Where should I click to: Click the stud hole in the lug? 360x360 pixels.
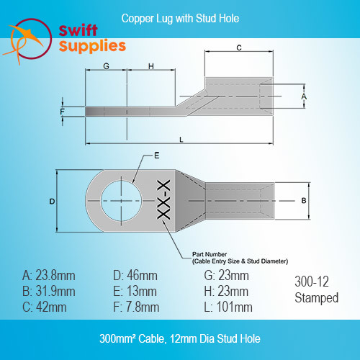tap(122, 201)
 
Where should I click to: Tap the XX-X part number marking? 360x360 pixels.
tap(163, 199)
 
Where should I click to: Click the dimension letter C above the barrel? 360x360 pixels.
tap(239, 48)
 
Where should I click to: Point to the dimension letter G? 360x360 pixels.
tap(106, 66)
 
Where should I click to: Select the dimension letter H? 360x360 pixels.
tap(151, 66)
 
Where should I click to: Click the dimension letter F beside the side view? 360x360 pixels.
tap(63, 112)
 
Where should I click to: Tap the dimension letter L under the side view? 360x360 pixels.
tap(181, 140)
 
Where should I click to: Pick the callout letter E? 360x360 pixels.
tap(157, 156)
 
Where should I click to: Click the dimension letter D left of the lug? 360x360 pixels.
tap(52, 202)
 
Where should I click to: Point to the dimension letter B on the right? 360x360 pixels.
tap(304, 200)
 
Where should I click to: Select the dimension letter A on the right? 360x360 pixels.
tap(304, 96)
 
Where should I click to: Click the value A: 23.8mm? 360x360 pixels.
tap(49, 276)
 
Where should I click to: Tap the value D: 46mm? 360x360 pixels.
tap(135, 276)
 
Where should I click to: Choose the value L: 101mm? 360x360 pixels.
tap(228, 307)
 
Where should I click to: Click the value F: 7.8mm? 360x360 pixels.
tap(136, 307)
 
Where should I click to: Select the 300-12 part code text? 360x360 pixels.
tap(312, 282)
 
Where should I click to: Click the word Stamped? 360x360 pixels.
tap(317, 298)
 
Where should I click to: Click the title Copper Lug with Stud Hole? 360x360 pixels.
tap(180, 19)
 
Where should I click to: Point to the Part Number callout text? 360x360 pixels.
tap(240, 258)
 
